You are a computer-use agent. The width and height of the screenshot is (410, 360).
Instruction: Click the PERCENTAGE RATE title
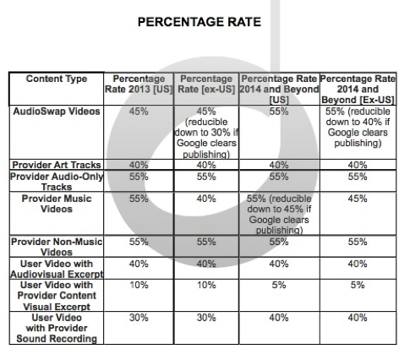tap(200, 22)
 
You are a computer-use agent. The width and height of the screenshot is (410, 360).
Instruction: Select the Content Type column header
tap(57, 79)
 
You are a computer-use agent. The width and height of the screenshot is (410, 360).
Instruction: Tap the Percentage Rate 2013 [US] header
tap(139, 84)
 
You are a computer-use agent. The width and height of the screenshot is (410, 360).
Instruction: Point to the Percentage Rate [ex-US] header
tap(206, 84)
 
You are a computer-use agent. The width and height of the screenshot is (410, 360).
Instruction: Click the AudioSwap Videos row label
tap(57, 112)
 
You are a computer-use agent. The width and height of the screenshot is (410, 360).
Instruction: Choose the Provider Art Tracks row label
tap(57, 165)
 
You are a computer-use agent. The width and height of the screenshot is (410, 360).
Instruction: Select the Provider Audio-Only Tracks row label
tap(57, 182)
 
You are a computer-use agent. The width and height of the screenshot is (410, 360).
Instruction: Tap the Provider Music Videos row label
tap(57, 204)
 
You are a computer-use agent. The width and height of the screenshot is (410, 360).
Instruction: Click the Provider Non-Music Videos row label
tap(57, 247)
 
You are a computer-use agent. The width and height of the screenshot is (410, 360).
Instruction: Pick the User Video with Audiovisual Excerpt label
tap(57, 269)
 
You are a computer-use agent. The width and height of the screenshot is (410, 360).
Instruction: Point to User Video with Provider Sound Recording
tap(57, 328)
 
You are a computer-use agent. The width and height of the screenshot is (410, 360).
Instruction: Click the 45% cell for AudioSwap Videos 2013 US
tap(139, 112)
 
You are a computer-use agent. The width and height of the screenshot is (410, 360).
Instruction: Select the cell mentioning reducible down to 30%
tap(206, 133)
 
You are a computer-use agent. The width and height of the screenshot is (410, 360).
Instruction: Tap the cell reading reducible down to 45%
tap(279, 215)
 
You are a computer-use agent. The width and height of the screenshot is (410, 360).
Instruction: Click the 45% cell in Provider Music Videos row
tap(358, 199)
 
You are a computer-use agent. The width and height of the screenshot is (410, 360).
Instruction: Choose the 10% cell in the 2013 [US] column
tap(139, 285)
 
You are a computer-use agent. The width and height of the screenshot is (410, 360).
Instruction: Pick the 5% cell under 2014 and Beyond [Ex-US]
tap(358, 285)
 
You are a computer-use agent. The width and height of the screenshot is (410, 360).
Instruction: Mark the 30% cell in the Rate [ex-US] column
tap(206, 318)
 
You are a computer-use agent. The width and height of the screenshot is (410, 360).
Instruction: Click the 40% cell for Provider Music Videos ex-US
tap(206, 199)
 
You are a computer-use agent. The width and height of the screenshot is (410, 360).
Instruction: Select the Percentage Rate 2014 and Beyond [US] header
tap(279, 90)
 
